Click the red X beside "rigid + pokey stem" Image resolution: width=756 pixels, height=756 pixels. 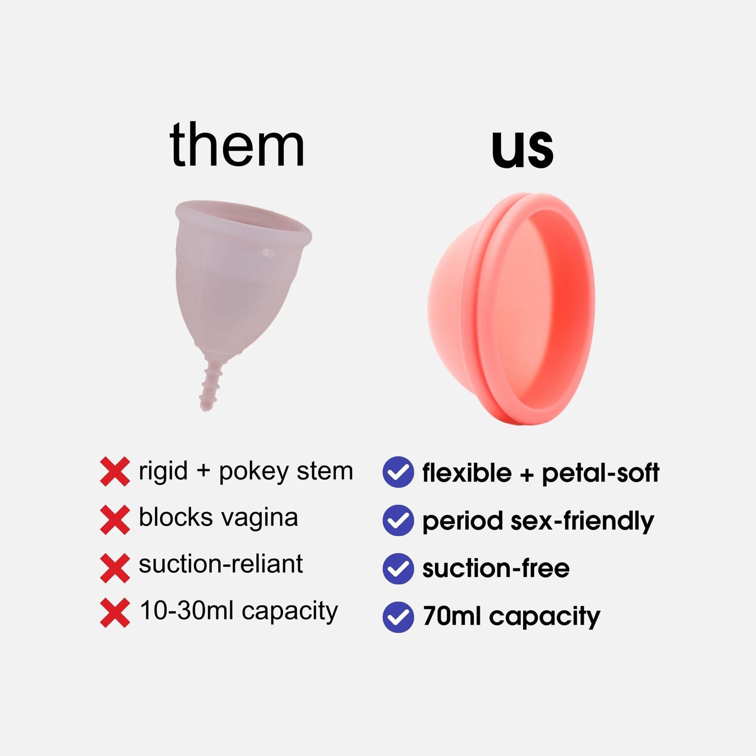click(115, 472)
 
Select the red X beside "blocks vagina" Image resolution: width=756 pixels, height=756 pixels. click(115, 520)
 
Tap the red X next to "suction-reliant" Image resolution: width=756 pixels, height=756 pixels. click(115, 568)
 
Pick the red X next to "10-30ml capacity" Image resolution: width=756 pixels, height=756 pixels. click(115, 613)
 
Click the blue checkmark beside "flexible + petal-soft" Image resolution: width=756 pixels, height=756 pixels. click(398, 472)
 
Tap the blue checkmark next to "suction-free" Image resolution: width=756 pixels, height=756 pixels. click(398, 569)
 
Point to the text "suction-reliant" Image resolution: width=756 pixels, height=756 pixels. click(221, 564)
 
